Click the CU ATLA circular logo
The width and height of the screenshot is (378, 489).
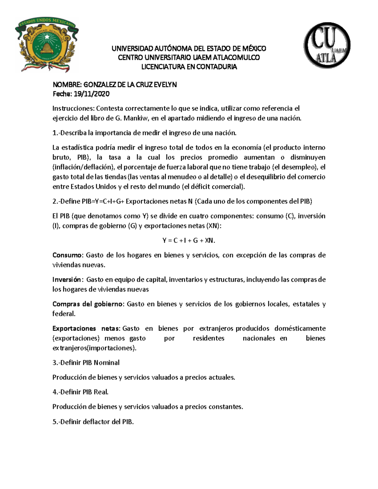[327, 45]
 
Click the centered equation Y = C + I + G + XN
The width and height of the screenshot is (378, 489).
[189, 241]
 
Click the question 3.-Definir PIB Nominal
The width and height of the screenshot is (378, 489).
[86, 363]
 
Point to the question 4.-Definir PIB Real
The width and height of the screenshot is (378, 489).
[80, 392]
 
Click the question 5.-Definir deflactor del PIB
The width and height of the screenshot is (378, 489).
[93, 422]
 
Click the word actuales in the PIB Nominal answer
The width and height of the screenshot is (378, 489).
[222, 378]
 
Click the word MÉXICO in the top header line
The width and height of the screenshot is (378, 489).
[254, 48]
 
